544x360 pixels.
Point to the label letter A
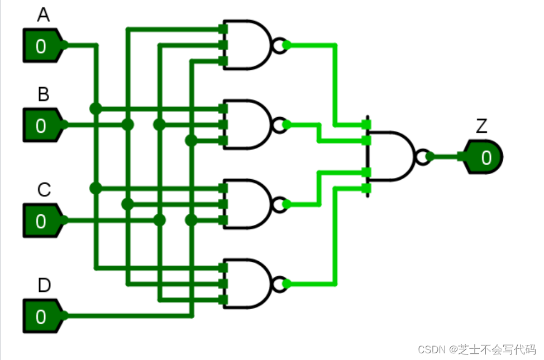[x=43, y=16]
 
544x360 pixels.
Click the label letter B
[x=43, y=95]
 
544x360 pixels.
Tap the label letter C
[x=44, y=190]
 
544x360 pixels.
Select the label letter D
[x=44, y=286]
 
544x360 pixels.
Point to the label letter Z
[x=481, y=127]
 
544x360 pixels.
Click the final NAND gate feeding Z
[x=391, y=157]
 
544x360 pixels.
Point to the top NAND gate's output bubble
[x=278, y=45]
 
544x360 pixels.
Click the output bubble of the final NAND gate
[x=423, y=157]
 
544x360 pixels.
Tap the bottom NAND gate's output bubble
[x=278, y=283]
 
